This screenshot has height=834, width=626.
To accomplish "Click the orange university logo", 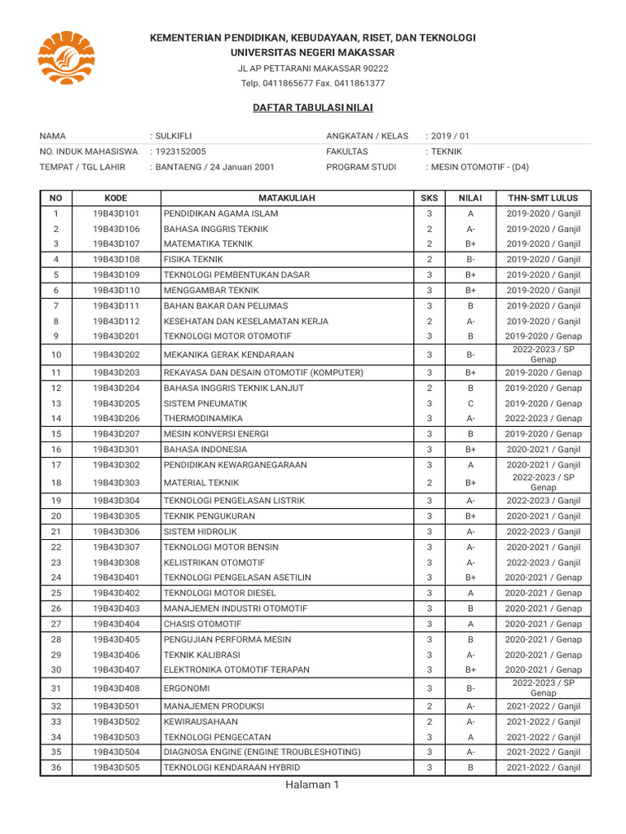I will [67, 58].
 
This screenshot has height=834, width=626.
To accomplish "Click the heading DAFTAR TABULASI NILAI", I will [313, 108].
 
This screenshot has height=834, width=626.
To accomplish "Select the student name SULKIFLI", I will [174, 136].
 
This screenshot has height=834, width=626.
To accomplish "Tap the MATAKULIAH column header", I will [287, 198].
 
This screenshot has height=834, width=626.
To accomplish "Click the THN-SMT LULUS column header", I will [543, 198].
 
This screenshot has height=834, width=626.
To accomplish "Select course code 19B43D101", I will [116, 213].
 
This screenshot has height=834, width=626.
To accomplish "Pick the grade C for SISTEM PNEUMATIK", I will [470, 403].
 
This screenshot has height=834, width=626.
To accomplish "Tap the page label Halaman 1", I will [311, 784].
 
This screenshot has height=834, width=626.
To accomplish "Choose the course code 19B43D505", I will [116, 767].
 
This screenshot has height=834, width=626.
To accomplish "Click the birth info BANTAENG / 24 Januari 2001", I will [214, 167].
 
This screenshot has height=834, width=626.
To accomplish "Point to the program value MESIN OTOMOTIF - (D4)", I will [479, 167].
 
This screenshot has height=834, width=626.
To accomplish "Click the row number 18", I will [56, 482].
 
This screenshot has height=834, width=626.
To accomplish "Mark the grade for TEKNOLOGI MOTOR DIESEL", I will [470, 593].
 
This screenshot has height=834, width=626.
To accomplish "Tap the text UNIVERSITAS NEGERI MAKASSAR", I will [313, 53].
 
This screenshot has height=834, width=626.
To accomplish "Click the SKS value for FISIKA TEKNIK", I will [429, 259].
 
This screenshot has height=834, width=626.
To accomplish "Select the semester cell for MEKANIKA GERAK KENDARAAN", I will [543, 354].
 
